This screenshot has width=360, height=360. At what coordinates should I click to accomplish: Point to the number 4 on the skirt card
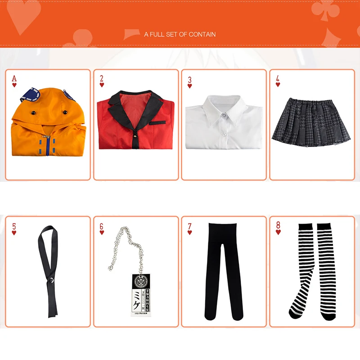[278, 79]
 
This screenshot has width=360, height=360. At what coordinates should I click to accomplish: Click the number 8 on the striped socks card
[278, 226]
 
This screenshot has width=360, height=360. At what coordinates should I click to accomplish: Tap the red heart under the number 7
[190, 233]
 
